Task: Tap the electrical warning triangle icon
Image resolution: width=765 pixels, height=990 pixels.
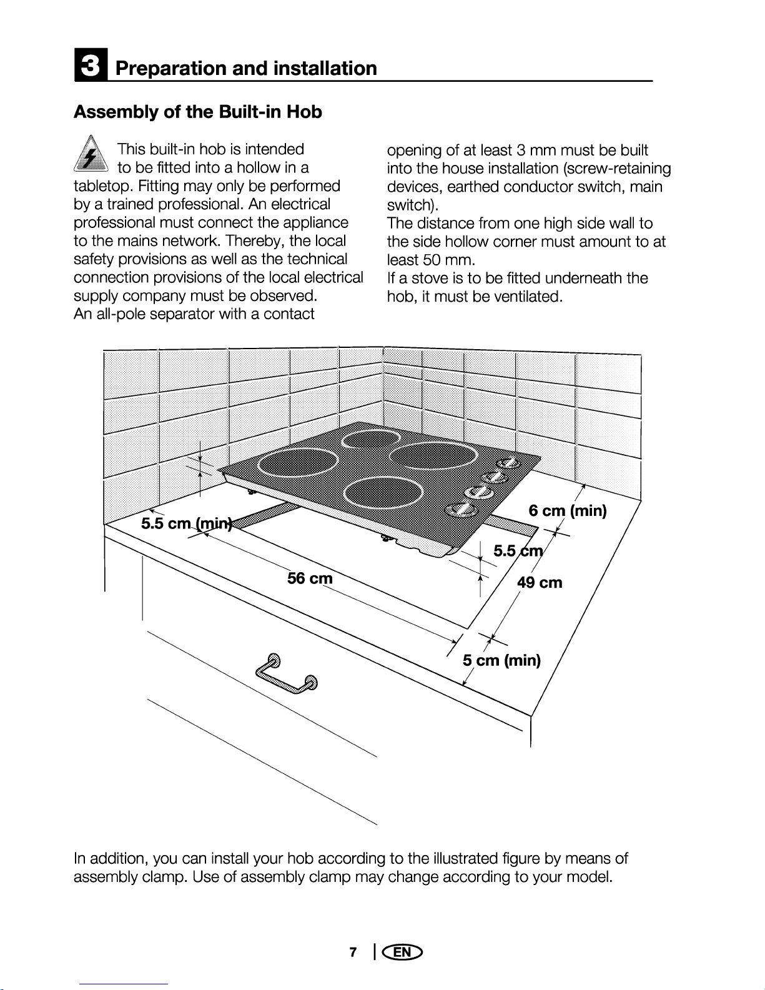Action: (92, 154)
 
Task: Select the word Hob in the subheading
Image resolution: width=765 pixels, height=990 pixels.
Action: (304, 112)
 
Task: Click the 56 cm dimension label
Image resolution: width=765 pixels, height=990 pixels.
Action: (310, 578)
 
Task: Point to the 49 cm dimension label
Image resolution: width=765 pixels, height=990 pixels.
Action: (540, 583)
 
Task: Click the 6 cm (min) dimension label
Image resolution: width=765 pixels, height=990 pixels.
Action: (567, 511)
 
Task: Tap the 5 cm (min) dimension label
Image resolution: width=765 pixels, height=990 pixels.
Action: (501, 660)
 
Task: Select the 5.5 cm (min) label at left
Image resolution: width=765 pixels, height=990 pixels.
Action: (185, 523)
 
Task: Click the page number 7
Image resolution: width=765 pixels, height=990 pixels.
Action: (353, 952)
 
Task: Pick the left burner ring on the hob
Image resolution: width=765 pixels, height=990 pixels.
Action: (298, 463)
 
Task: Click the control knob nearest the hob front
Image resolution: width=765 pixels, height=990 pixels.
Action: (461, 509)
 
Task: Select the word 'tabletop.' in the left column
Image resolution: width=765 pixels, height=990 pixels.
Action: (103, 186)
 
